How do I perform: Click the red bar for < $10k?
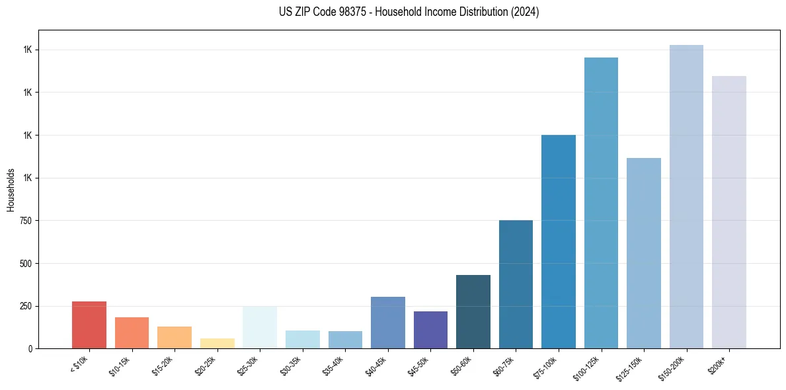(89, 325)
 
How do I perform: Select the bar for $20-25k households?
(217, 343)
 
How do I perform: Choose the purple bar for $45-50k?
(430, 330)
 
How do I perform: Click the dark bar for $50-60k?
(473, 311)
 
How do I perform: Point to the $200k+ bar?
(728, 212)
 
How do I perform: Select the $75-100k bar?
(559, 241)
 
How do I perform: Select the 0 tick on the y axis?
(30, 349)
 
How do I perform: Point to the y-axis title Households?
(11, 190)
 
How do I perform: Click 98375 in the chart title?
(348, 12)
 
